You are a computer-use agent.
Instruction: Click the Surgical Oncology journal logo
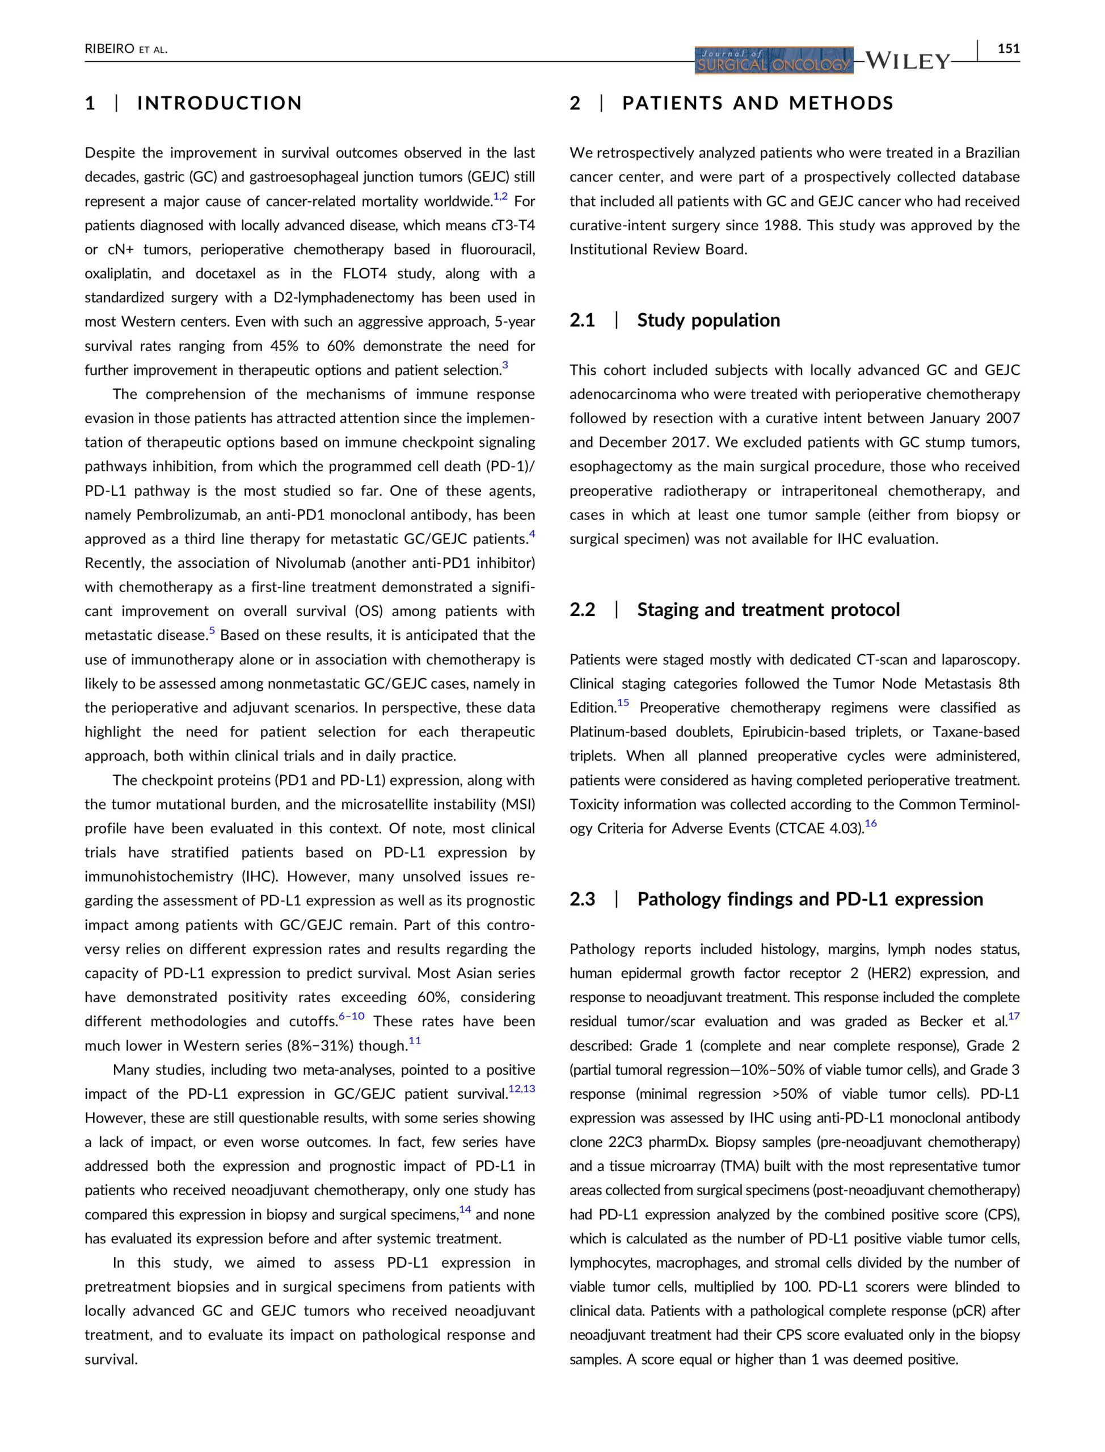tap(774, 61)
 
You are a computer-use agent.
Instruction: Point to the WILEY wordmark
tap(908, 61)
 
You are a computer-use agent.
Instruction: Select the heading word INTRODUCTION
tap(220, 103)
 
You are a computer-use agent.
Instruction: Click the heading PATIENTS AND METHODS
tap(758, 103)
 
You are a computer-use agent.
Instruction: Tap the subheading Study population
tap(708, 320)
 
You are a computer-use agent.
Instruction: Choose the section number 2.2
tap(582, 610)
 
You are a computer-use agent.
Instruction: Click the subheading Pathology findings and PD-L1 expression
tap(809, 899)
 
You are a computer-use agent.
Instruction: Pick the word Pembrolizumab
tap(185, 515)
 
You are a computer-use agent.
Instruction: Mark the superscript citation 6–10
tap(351, 1016)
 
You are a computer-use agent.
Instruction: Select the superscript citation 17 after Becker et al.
tap(1014, 1016)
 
